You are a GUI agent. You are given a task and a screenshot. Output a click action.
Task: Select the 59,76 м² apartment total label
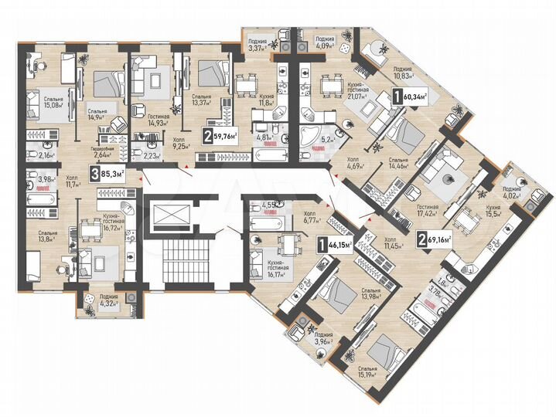coord(220,138)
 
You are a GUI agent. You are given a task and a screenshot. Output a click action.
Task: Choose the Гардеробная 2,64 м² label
coord(104,150)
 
